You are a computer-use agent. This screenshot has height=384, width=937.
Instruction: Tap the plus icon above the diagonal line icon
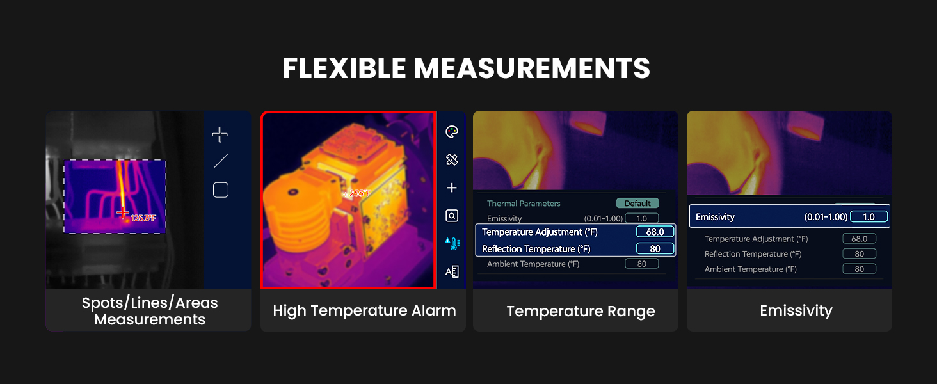click(x=220, y=134)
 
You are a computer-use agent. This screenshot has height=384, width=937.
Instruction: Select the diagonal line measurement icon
click(x=221, y=161)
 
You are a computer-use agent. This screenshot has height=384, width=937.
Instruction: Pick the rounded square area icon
click(x=221, y=190)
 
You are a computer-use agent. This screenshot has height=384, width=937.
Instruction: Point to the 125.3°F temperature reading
click(x=143, y=218)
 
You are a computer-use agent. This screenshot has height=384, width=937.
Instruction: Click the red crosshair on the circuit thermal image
click(x=123, y=213)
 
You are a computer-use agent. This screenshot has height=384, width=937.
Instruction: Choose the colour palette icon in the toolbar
click(x=452, y=132)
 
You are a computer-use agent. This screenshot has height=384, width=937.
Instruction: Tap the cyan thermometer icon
click(x=452, y=243)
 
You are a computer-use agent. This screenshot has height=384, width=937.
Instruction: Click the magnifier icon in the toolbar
click(x=452, y=216)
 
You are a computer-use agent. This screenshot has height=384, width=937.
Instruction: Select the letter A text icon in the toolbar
click(x=452, y=271)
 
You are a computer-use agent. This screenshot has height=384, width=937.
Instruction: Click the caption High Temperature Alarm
click(x=364, y=311)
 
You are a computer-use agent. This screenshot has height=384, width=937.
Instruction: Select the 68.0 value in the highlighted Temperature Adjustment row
click(x=655, y=232)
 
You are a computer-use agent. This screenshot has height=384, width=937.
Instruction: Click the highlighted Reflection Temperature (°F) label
click(x=536, y=249)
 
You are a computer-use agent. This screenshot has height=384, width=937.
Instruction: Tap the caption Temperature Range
click(x=581, y=312)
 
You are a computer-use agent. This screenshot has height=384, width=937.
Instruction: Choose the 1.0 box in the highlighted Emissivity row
click(x=869, y=217)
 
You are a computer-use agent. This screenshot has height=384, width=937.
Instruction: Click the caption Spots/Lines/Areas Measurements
click(x=150, y=311)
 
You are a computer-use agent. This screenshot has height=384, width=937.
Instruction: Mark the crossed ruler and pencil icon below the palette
click(x=452, y=160)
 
